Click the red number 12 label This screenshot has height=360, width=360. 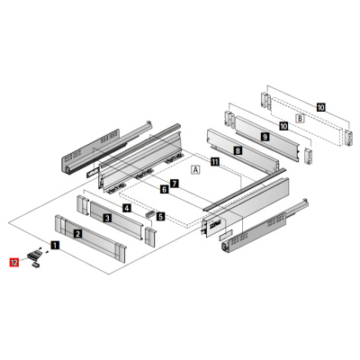click(x=14, y=262)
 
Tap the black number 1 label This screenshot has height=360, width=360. click(x=55, y=245)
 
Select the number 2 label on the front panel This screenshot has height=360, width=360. click(x=78, y=233)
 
